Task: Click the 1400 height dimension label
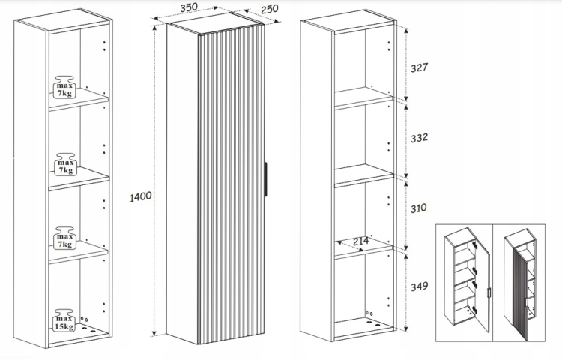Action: (141, 196)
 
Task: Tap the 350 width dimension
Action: (189, 7)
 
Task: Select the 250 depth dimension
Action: (270, 8)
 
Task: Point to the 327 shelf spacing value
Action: (419, 67)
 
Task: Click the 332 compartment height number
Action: (419, 138)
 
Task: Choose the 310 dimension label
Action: (419, 208)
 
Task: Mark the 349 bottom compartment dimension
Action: (419, 286)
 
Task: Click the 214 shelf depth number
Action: (360, 241)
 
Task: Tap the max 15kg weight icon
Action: (64, 320)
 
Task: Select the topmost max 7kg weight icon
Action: (64, 87)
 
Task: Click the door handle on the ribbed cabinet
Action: (265, 179)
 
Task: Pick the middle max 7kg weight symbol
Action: (65, 164)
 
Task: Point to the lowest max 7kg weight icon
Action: (64, 238)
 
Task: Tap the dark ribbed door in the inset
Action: (521, 293)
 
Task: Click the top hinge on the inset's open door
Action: (475, 245)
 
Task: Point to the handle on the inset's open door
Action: (489, 292)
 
